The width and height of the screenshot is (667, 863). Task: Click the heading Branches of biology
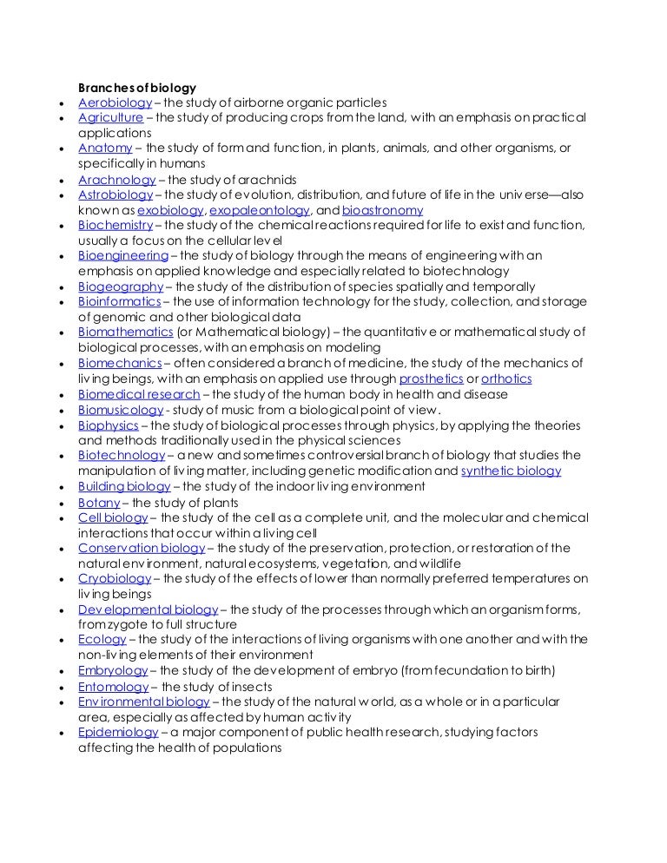[x=137, y=88]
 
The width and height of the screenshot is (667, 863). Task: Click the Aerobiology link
[x=115, y=102]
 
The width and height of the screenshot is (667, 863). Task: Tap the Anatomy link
[x=105, y=148]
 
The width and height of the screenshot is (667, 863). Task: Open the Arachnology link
[x=116, y=180]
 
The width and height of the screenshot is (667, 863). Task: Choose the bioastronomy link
[x=382, y=210]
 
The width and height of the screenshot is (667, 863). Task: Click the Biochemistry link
[x=116, y=225]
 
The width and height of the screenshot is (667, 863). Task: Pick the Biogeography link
[x=121, y=287]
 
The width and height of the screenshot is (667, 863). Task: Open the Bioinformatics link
[x=120, y=301]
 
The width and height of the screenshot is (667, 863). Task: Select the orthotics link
[x=506, y=379]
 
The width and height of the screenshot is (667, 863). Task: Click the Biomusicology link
[x=121, y=410]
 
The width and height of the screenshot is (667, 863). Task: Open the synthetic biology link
[x=511, y=471]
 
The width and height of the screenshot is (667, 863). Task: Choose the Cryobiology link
[x=115, y=578]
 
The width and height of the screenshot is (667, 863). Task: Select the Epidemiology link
[x=118, y=733]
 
